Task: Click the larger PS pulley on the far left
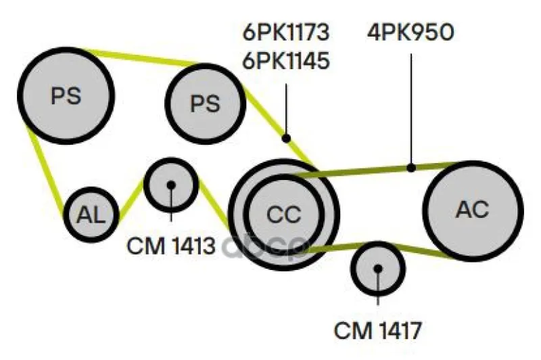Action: pos(66,95)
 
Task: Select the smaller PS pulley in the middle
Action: pos(206,104)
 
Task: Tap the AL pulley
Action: pos(91,215)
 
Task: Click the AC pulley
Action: pos(473,210)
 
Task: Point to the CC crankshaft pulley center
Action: pos(283,215)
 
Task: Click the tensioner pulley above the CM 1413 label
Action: pos(171,185)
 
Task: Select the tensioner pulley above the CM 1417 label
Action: pos(378,269)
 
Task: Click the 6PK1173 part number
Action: pos(286,32)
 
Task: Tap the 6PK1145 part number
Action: pos(286,61)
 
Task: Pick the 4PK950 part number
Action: pos(410,32)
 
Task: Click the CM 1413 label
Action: pos(171,246)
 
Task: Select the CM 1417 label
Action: pos(378,330)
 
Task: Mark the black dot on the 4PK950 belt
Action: pos(411,168)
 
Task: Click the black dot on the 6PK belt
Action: pos(286,138)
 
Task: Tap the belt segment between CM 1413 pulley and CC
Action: pos(213,205)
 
